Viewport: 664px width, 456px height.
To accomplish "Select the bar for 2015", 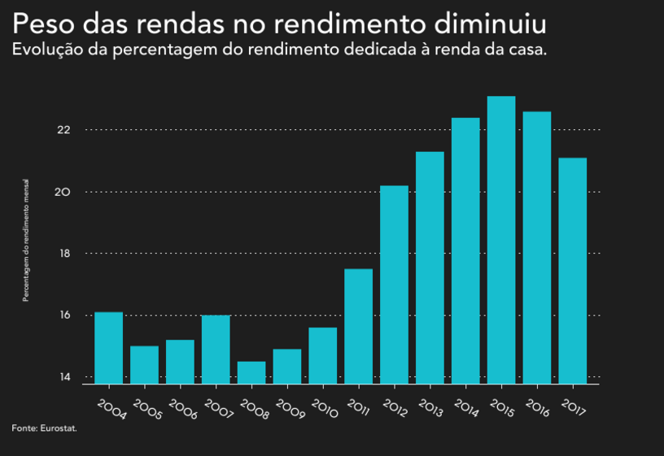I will [x=501, y=240].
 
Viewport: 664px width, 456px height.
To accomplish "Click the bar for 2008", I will [x=251, y=372].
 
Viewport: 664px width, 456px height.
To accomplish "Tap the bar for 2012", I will [x=394, y=284].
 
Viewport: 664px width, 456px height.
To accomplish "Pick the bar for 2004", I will [x=109, y=348].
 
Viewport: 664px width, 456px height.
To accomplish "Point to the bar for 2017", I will [x=572, y=271].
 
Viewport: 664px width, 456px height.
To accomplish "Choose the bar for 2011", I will [x=358, y=326].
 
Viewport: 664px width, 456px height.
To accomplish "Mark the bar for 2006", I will [x=180, y=362].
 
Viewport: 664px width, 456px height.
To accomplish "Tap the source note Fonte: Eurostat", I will [x=44, y=428].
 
